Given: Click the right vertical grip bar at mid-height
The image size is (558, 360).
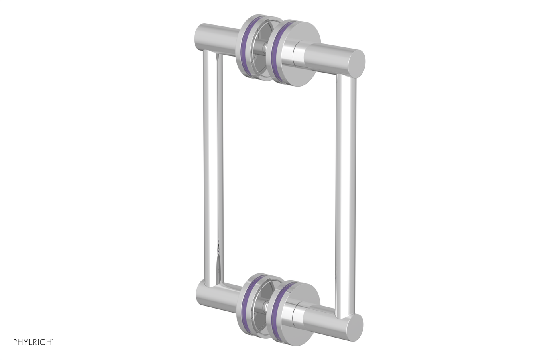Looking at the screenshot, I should tap(342, 191).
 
